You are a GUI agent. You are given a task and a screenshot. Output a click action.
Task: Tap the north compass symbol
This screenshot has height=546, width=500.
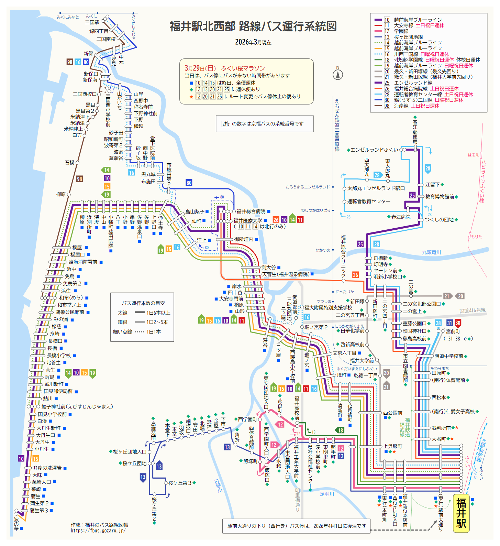338,74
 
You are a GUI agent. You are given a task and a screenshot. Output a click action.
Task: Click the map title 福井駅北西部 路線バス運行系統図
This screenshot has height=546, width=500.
253,26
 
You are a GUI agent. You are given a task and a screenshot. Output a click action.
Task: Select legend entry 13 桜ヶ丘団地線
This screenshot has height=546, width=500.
408,37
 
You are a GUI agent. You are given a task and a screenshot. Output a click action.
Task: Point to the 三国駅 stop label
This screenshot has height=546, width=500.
92,22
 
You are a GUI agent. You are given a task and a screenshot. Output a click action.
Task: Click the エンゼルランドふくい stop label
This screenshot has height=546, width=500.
374,150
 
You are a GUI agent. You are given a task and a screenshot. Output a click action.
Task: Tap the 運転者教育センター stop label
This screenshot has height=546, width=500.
369,201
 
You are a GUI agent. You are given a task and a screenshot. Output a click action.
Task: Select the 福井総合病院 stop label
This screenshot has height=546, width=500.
251,211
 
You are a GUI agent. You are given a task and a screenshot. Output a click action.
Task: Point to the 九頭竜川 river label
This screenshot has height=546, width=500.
431,252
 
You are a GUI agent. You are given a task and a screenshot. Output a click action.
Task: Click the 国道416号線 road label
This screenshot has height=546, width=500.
473,310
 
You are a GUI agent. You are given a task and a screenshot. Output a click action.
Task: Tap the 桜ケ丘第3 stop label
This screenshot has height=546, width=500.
180,483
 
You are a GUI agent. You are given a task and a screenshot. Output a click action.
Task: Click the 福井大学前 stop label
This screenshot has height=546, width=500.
362,360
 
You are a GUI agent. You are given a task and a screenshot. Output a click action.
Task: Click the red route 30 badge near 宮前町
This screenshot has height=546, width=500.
458,323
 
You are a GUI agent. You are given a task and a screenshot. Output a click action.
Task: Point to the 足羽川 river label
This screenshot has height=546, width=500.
327,494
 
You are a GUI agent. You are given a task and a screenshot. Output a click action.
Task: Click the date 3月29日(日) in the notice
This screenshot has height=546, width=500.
200,68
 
